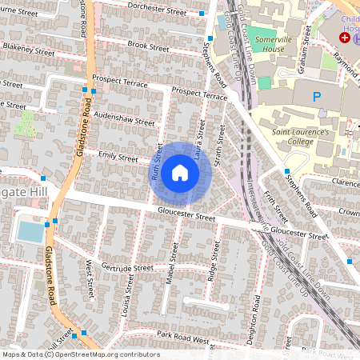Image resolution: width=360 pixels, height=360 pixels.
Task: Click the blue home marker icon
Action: pos(180,173)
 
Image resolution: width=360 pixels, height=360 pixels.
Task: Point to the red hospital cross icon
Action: pos(345,38)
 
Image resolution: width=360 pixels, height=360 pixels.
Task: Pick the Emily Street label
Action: pos(118,156)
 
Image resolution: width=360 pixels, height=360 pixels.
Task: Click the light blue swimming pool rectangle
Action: pos(30,232)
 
